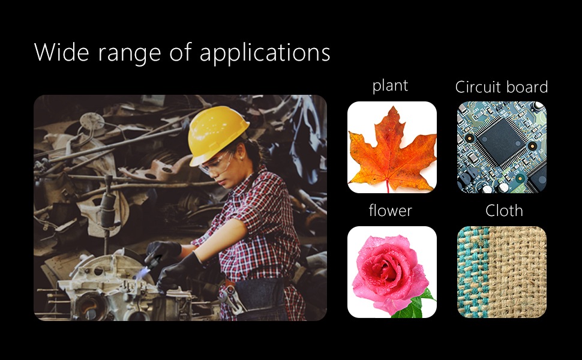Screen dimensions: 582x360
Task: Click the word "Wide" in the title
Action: pyautogui.click(x=62, y=52)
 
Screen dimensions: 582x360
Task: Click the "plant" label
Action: pyautogui.click(x=390, y=86)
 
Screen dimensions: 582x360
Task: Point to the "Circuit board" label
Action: pyautogui.click(x=502, y=87)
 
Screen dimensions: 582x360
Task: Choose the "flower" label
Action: pyautogui.click(x=391, y=211)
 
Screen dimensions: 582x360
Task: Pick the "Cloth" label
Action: pyautogui.click(x=504, y=211)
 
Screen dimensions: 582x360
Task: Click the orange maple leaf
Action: pyautogui.click(x=392, y=151)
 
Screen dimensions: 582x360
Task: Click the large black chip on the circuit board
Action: pyautogui.click(x=501, y=142)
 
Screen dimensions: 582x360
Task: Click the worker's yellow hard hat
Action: pyautogui.click(x=217, y=134)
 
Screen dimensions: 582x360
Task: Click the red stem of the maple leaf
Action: pyautogui.click(x=388, y=185)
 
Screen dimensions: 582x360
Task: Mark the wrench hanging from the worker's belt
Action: pyautogui.click(x=233, y=298)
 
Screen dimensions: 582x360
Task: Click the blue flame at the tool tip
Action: pyautogui.click(x=142, y=274)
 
